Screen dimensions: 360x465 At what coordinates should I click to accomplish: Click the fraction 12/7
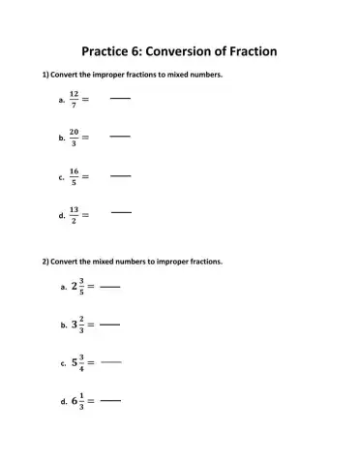[74, 99]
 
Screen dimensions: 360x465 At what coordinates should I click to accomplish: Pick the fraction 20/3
[74, 139]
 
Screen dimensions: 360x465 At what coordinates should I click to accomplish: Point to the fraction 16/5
[74, 177]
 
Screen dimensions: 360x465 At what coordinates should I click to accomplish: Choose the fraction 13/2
[74, 215]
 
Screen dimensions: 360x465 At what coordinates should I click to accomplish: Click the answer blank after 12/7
[120, 98]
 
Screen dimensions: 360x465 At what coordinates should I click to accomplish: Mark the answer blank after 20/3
[120, 138]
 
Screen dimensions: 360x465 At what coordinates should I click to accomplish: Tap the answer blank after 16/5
[120, 176]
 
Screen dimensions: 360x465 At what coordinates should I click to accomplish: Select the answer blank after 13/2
[121, 211]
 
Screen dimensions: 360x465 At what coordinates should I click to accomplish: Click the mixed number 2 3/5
[77, 287]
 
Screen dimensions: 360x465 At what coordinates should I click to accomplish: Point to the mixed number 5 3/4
[77, 362]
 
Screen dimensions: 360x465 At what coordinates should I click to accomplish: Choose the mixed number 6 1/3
[77, 399]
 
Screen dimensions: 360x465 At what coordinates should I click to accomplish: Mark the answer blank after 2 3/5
[110, 288]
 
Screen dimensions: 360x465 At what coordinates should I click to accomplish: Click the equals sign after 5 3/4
[93, 362]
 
